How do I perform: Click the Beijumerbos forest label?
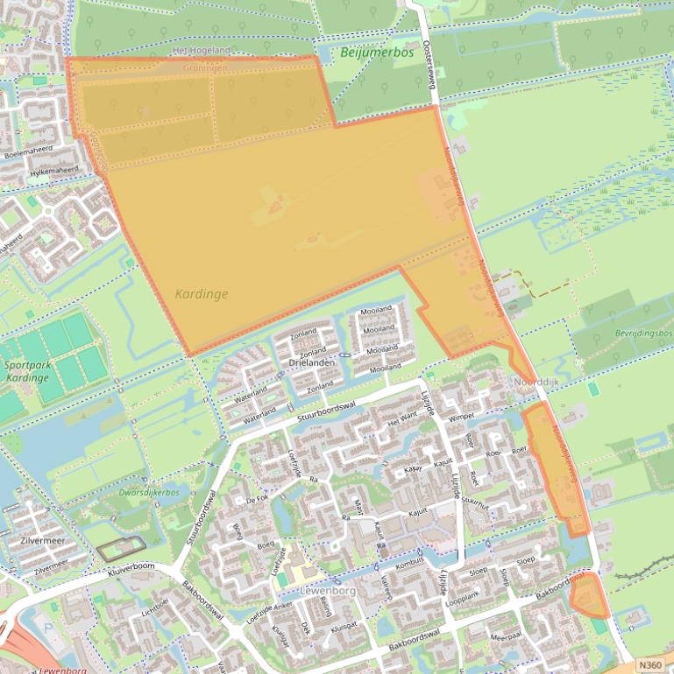pos(376,53)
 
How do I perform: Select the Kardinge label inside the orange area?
pos(201,294)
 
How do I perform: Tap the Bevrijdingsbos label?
pos(643,334)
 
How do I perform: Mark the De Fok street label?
pos(257,499)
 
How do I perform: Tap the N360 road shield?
pos(649,665)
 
